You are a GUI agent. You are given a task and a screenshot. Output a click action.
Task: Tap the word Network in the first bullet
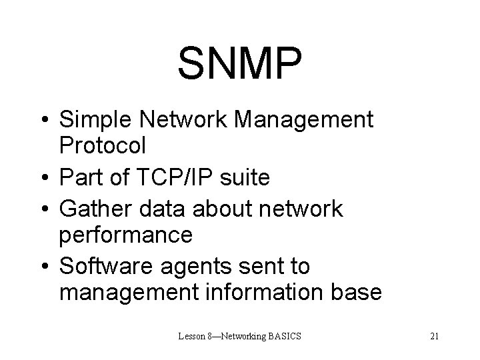(179, 121)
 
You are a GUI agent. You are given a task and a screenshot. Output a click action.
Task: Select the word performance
(126, 234)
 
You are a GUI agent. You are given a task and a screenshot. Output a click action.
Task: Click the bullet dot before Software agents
(43, 266)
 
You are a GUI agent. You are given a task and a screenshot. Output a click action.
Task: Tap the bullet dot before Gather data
(43, 209)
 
